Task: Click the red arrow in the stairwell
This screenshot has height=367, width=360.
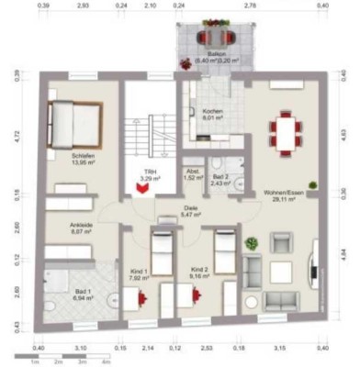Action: (x=142, y=188)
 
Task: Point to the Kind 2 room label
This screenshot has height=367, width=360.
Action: (x=201, y=270)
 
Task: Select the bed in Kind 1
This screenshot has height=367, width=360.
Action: (x=163, y=249)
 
